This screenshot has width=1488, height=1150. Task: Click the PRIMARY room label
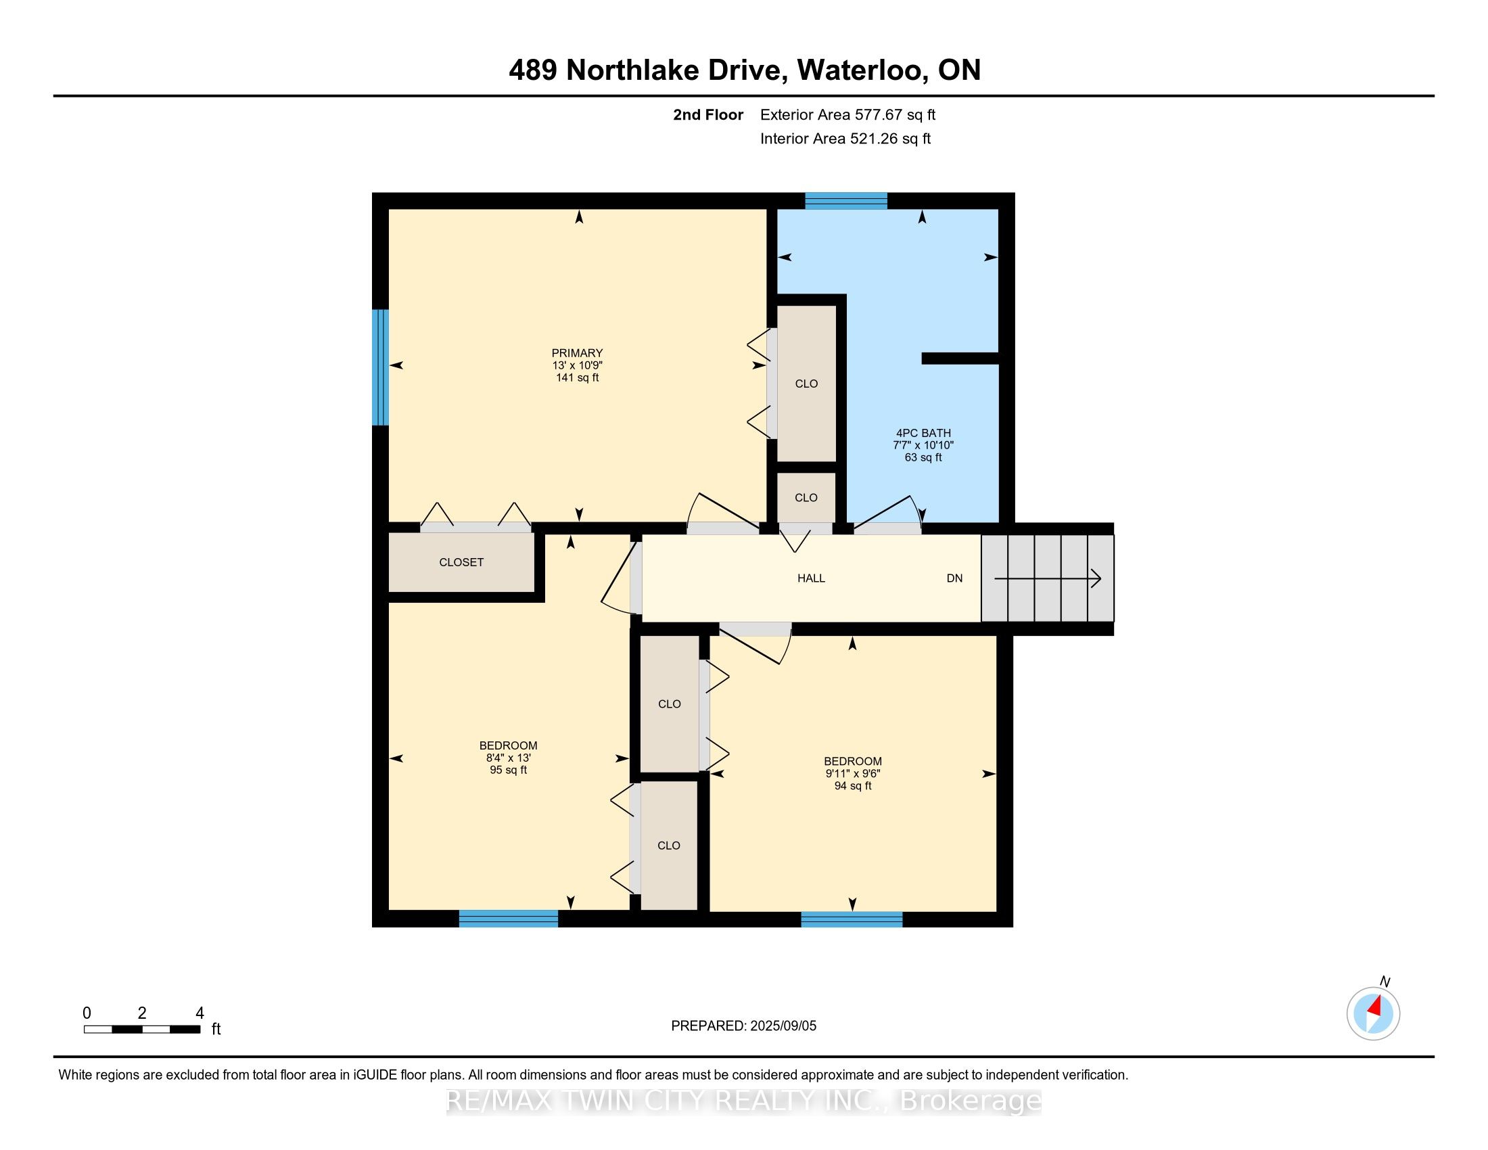pyautogui.click(x=577, y=353)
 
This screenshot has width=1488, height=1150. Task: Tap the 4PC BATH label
pyautogui.click(x=923, y=433)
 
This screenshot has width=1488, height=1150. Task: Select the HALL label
pyautogui.click(x=811, y=578)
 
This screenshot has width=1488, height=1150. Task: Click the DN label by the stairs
pyautogui.click(x=954, y=578)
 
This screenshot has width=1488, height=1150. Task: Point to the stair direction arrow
pyautogui.click(x=1048, y=579)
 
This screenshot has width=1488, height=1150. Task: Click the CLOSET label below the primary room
pyautogui.click(x=461, y=562)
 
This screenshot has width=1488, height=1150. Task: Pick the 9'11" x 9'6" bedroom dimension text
pyautogui.click(x=852, y=773)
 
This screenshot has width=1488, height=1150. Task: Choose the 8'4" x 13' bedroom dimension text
pyautogui.click(x=508, y=758)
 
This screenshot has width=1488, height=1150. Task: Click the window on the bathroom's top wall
pyautogui.click(x=846, y=201)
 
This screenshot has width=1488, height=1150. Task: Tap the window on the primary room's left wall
pyautogui.click(x=380, y=367)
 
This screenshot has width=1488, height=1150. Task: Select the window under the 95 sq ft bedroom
pyautogui.click(x=508, y=919)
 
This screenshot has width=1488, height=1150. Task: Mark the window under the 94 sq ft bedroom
pyautogui.click(x=852, y=919)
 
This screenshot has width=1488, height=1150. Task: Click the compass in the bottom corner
pyautogui.click(x=1373, y=1014)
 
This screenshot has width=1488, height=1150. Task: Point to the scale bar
pyautogui.click(x=142, y=1030)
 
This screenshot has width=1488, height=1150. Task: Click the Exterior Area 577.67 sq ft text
pyautogui.click(x=847, y=115)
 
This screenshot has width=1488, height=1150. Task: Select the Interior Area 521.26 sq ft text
pyautogui.click(x=845, y=139)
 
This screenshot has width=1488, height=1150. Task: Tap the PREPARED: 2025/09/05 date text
pyautogui.click(x=743, y=1026)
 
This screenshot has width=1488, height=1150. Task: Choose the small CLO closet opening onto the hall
pyautogui.click(x=806, y=498)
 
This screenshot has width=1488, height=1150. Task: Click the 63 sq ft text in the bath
pyautogui.click(x=923, y=458)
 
